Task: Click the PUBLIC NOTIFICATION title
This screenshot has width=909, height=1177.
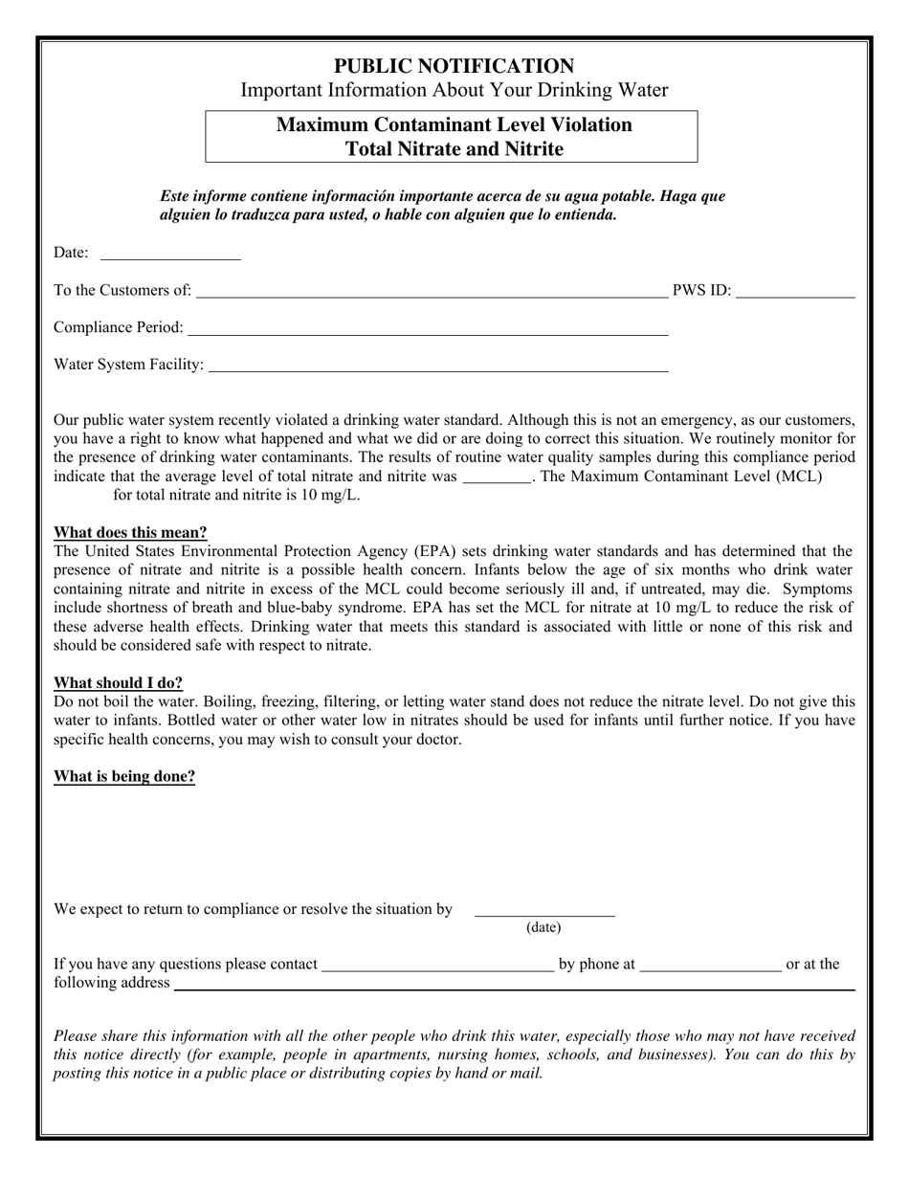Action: click(x=454, y=66)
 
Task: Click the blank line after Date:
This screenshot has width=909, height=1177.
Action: click(x=170, y=255)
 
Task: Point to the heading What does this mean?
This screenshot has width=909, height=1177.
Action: click(x=130, y=533)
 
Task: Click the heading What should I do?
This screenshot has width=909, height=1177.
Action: click(x=118, y=683)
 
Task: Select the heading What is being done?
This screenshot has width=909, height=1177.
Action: click(x=124, y=777)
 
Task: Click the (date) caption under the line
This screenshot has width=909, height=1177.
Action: click(x=543, y=927)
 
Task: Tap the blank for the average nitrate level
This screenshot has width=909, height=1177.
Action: click(x=497, y=477)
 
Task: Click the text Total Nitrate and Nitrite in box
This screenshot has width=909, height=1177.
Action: click(x=454, y=149)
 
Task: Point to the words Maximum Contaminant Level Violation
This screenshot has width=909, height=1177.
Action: click(x=454, y=125)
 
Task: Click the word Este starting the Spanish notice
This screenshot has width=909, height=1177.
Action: click(x=175, y=196)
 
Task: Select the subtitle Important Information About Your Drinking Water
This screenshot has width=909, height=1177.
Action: click(x=454, y=91)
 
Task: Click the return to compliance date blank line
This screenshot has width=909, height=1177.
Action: click(x=544, y=912)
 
